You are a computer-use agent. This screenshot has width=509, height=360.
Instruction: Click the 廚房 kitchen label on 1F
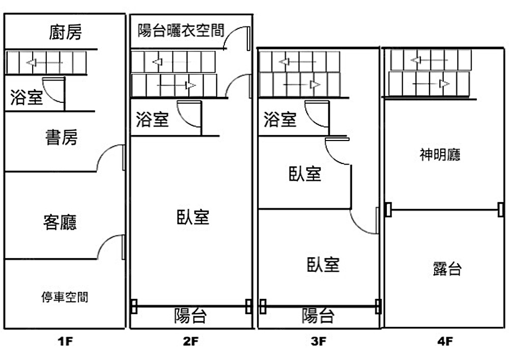click(65, 33)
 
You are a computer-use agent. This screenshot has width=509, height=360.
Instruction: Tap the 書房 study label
click(62, 137)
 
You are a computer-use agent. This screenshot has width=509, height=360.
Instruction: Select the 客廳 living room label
click(60, 222)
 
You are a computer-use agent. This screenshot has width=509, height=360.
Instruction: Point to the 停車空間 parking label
click(65, 297)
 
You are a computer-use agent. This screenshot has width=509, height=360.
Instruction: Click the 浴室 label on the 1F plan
click(27, 97)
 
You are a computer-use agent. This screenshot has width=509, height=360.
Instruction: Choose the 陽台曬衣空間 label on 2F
click(181, 30)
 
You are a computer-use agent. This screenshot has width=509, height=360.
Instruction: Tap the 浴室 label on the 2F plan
click(152, 120)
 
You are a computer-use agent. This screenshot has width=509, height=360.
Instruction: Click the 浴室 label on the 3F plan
click(280, 120)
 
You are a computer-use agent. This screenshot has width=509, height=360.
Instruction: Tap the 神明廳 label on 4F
click(440, 155)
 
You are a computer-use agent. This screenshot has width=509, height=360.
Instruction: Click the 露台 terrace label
click(447, 268)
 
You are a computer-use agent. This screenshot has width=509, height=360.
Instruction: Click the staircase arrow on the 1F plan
click(45, 63)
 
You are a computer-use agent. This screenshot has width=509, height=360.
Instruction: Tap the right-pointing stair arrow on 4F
click(431, 83)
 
